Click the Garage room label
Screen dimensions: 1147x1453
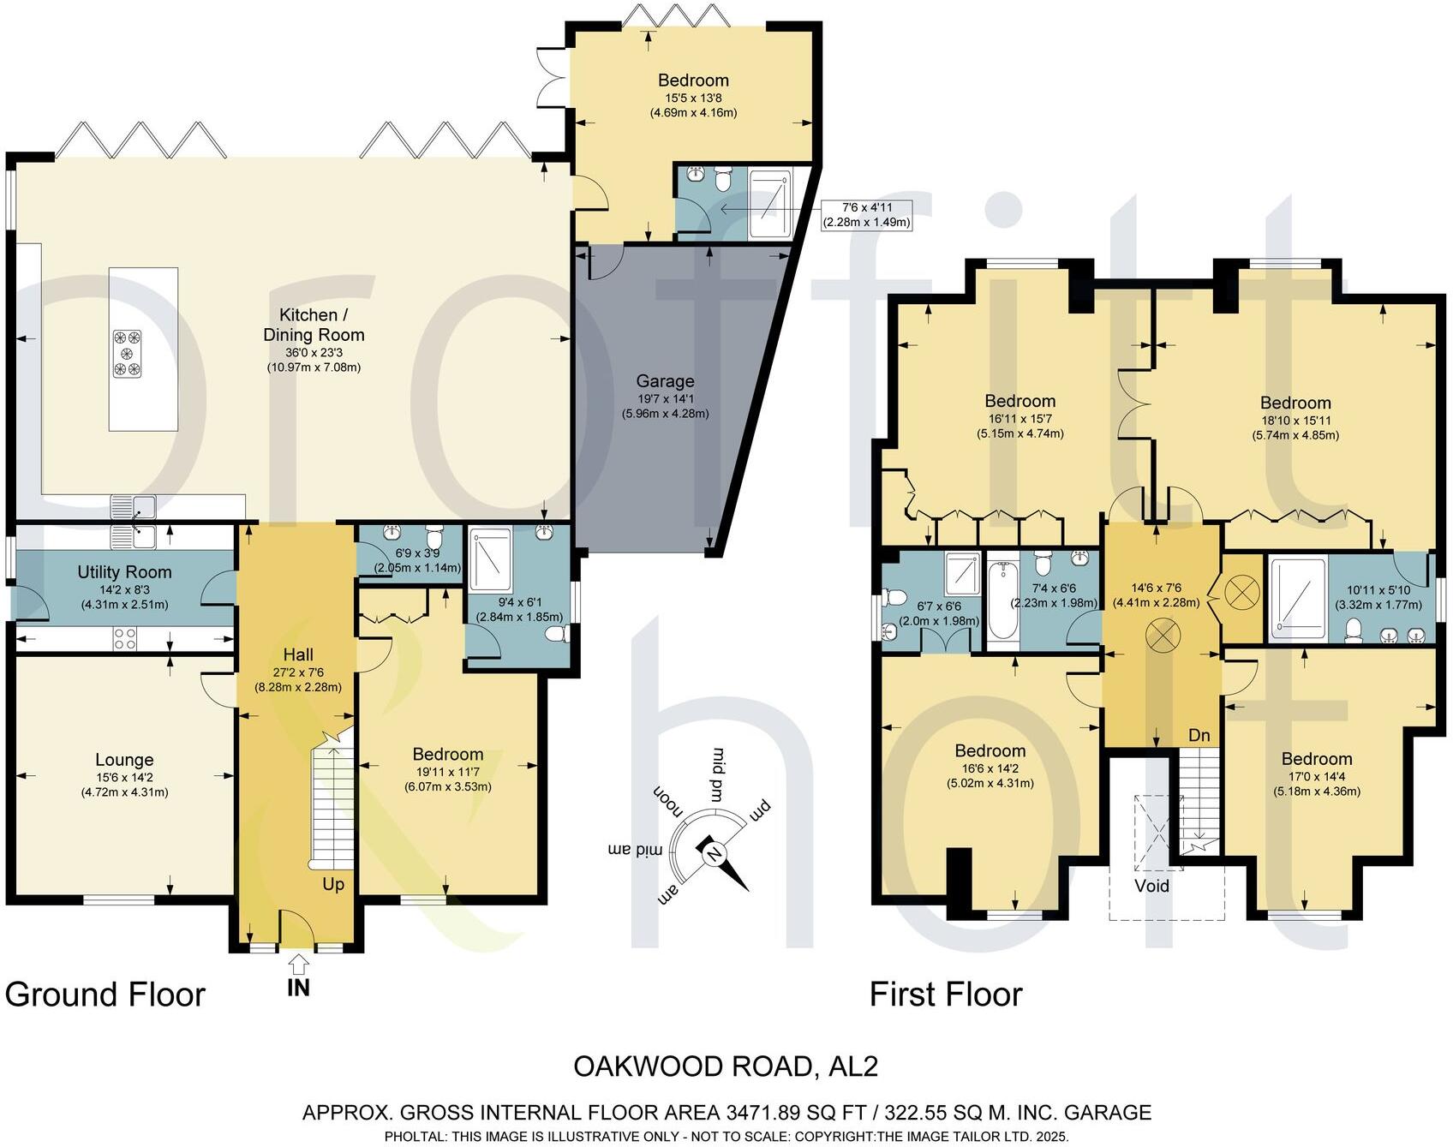(x=665, y=382)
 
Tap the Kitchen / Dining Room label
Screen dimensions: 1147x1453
(x=314, y=325)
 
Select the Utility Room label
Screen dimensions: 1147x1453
(x=125, y=572)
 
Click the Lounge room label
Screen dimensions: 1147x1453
(x=125, y=760)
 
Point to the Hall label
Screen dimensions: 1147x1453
(x=298, y=654)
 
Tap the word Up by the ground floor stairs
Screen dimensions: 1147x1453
(x=333, y=884)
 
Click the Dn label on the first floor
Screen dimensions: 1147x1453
(x=1199, y=736)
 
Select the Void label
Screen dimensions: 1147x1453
(x=1151, y=886)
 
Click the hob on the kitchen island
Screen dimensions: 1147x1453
(x=127, y=354)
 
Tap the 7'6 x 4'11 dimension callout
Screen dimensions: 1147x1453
(x=866, y=214)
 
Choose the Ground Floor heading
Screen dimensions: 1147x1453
(x=105, y=995)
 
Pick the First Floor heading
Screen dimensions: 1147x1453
(x=946, y=995)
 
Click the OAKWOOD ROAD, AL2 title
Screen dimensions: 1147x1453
(x=726, y=1067)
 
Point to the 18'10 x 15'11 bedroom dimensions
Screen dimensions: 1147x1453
(x=1295, y=427)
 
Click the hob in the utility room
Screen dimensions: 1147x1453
(x=125, y=638)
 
